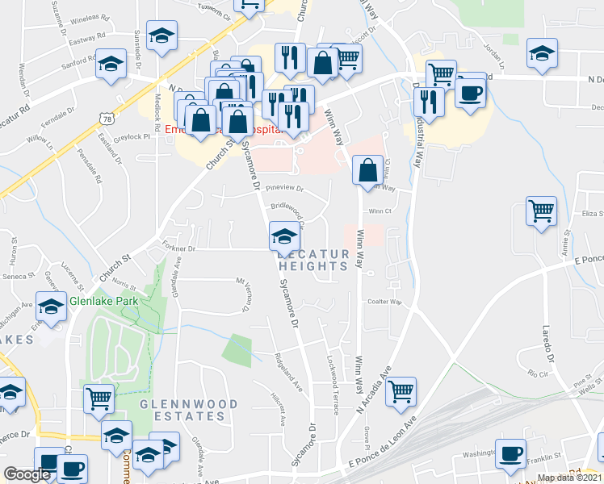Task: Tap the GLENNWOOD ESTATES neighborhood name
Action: coord(189,410)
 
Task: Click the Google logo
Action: coord(27,474)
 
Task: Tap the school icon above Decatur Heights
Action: coord(283,236)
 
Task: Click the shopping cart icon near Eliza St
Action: coord(541,211)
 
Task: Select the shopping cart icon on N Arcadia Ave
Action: coord(401,392)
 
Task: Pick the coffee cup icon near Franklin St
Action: coord(509,453)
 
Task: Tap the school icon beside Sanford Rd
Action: coord(111,65)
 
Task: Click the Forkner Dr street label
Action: coord(178,249)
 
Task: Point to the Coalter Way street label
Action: coord(384,302)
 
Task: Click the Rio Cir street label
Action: coord(536,373)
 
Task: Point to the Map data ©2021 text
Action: coord(569,478)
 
